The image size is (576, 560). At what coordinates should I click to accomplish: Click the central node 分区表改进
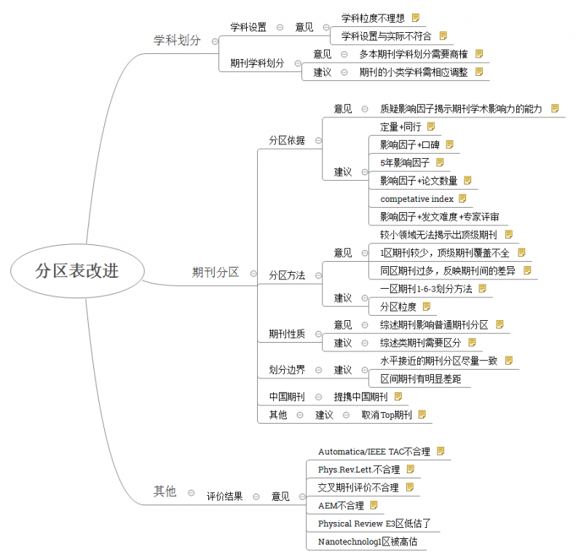pos(77,271)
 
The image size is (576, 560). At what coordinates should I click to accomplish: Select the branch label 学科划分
pos(177,40)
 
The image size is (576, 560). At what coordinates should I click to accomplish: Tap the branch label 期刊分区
pos(216,272)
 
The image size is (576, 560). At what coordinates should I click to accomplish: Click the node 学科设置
pos(248,27)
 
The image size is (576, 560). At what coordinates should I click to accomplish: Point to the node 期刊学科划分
pos(257,63)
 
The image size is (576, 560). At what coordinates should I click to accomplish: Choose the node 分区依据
pos(287,140)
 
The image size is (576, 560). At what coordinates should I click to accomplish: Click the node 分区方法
pos(287,275)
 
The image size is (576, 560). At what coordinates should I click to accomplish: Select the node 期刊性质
pos(287,334)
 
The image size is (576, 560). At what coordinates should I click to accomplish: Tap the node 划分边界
pos(287,370)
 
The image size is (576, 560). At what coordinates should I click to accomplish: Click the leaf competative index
pos(417,199)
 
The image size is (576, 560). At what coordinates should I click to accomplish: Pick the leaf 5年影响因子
pos(405,163)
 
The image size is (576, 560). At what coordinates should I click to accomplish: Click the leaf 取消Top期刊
pos(387,415)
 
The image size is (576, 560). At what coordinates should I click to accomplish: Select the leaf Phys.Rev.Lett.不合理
pos(359,470)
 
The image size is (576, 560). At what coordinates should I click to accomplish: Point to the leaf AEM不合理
pos(341,505)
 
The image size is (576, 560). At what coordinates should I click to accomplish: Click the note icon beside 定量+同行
pos(431,127)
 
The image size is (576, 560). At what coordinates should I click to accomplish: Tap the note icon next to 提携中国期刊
pos(398,396)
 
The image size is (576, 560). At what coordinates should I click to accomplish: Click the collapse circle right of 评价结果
pos(256,497)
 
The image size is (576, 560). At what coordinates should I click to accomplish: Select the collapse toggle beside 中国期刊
pos(318,397)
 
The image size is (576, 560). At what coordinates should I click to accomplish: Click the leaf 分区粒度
pos(398,307)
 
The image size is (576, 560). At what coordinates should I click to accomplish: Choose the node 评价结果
pos(225,497)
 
